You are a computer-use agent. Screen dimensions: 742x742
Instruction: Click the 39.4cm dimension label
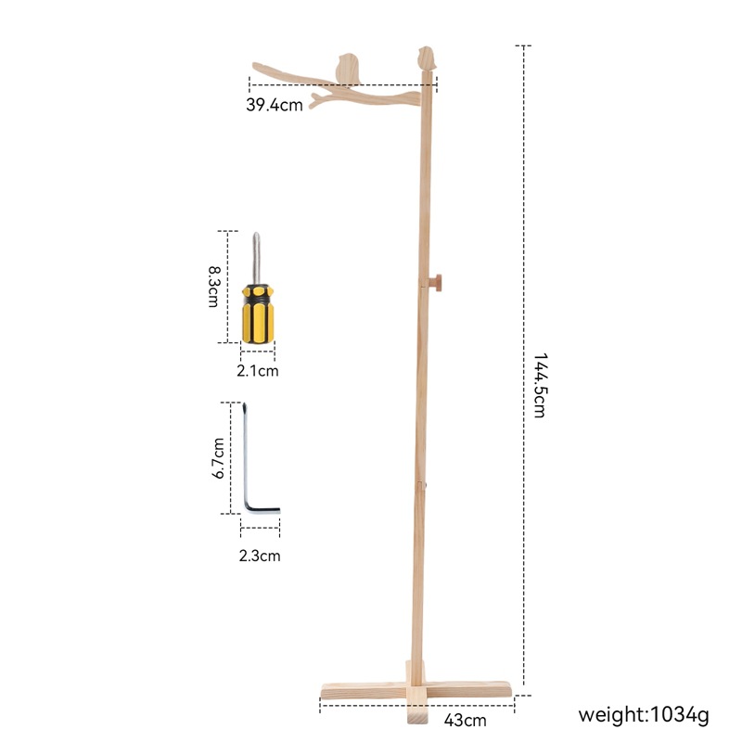275,105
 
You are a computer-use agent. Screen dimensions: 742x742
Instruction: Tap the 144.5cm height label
540,385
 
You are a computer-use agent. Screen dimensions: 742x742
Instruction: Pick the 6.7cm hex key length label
217,458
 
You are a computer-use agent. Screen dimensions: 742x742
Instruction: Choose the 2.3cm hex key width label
260,556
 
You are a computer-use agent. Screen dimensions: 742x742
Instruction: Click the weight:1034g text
644,715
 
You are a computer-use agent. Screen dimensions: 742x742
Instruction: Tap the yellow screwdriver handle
259,313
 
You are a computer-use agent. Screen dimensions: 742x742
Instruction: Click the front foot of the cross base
416,715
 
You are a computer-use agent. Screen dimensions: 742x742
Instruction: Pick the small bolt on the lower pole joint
426,483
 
